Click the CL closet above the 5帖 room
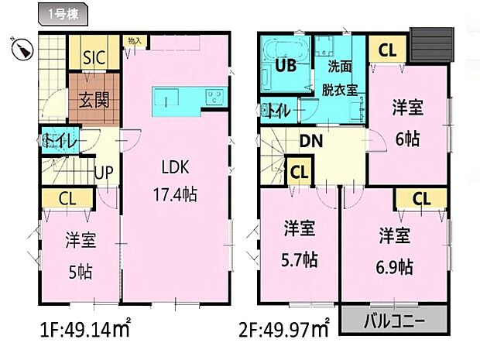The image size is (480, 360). (x=67, y=198)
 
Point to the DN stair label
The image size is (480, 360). (x=312, y=140)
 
